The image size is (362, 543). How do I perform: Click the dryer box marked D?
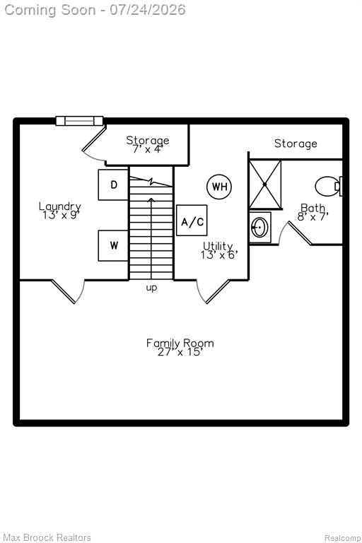tap(113, 185)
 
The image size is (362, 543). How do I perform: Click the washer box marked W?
tap(113, 245)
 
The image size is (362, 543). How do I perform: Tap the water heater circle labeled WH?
tap(219, 187)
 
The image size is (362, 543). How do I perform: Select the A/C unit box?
tap(192, 221)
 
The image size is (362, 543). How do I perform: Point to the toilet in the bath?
tap(329, 187)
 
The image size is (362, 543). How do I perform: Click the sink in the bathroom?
tap(259, 227)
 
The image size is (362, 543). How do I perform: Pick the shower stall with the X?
tap(265, 185)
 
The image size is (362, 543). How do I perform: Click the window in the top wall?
tap(79, 120)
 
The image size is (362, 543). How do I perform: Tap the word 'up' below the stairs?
tap(151, 288)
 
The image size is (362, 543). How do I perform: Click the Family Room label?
tap(180, 343)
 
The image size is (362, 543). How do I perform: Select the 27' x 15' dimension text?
tap(180, 352)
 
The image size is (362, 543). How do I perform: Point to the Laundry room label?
tap(60, 206)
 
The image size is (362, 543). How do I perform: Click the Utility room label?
tap(218, 246)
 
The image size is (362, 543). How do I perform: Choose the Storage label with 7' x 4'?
tap(148, 140)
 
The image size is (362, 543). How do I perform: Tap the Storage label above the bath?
tap(296, 144)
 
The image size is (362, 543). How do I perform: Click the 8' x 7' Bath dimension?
tap(313, 216)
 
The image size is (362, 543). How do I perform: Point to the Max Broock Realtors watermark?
tap(47, 537)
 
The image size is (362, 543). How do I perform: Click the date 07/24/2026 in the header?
tap(148, 10)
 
